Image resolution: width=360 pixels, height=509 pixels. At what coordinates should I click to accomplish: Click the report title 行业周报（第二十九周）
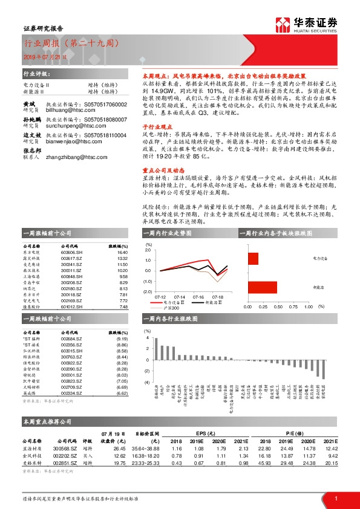[67, 44]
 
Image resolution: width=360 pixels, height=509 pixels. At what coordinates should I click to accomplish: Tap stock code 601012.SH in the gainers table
[71, 306]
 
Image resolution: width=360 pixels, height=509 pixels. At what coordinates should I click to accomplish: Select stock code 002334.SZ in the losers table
[71, 393]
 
